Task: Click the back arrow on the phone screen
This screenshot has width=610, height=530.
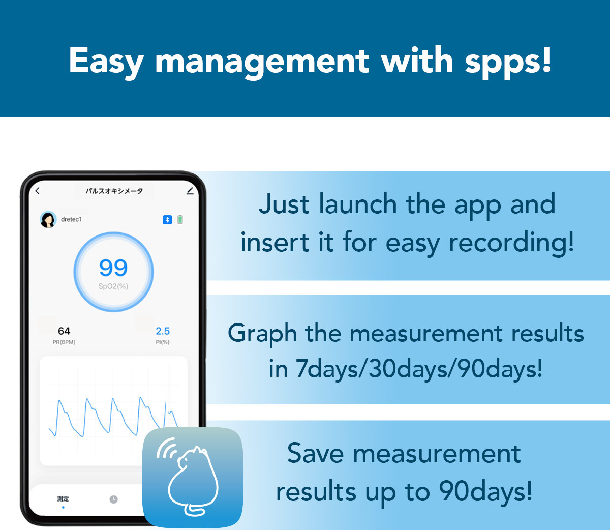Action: [x=38, y=191]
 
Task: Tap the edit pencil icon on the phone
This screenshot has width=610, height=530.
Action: [x=190, y=191]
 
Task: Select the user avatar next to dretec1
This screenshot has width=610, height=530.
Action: [x=48, y=220]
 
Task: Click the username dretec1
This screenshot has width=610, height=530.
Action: [x=71, y=219]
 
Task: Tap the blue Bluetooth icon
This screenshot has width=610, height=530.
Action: [x=167, y=220]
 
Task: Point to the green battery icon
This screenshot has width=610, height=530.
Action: [x=180, y=220]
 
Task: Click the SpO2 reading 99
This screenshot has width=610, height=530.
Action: [x=113, y=268]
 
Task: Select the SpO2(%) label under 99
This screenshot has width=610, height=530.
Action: [x=113, y=286]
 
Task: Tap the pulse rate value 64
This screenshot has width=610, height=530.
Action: [x=64, y=331]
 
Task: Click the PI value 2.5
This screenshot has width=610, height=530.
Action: [x=163, y=331]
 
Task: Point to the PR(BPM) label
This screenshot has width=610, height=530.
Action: [x=64, y=342]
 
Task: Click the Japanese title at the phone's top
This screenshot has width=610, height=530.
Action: [x=114, y=191]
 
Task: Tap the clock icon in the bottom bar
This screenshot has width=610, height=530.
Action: [x=113, y=499]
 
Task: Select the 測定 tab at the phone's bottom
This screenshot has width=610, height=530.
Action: [x=63, y=498]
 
